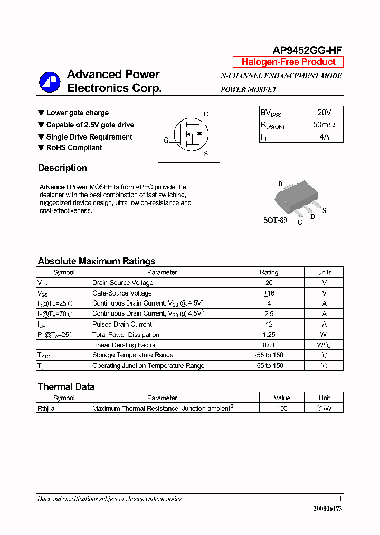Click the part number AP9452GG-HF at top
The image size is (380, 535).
(307, 51)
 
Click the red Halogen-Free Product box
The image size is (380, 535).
(288, 62)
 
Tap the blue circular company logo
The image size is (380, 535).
(50, 82)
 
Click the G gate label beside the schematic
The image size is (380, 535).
(166, 140)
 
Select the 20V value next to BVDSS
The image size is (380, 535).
(324, 113)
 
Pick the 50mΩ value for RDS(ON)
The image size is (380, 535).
(324, 125)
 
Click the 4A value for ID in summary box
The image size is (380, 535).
(324, 137)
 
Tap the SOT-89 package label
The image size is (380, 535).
(275, 220)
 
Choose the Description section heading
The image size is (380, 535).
(62, 168)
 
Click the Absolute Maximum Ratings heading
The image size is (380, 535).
(97, 261)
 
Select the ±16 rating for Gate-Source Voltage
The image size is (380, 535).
(269, 293)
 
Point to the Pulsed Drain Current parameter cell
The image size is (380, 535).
(123, 324)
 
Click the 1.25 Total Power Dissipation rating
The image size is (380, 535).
(269, 335)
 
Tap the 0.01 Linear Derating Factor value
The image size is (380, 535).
(269, 345)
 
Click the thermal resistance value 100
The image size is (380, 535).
(282, 408)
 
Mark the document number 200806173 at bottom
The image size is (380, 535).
(328, 508)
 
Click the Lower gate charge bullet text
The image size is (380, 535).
(77, 113)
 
